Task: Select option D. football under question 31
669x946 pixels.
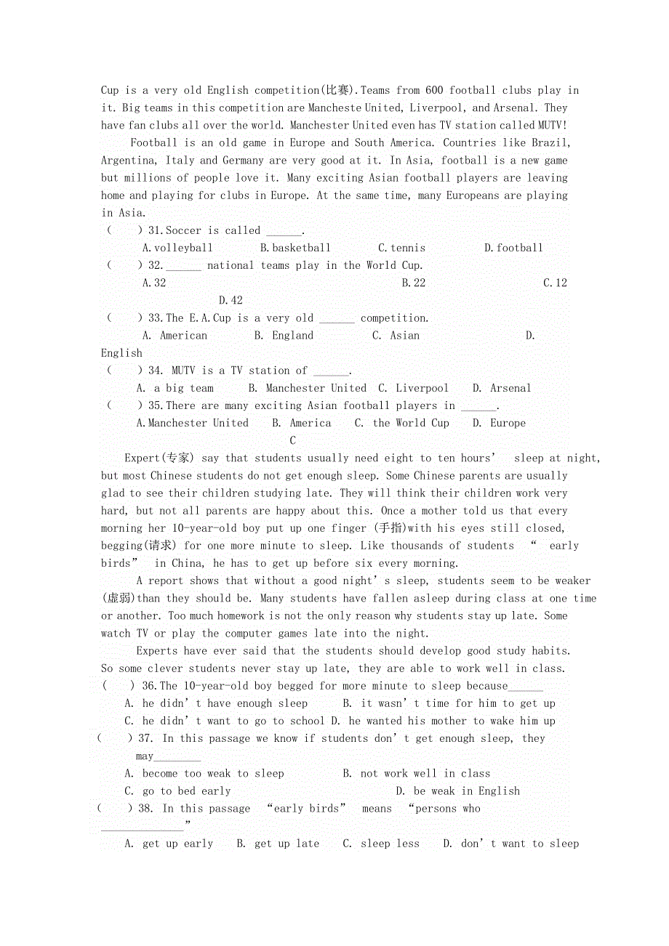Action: (513, 248)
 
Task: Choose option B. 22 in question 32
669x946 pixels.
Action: (414, 283)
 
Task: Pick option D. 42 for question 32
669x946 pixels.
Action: (231, 301)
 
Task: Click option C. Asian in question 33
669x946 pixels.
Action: (396, 336)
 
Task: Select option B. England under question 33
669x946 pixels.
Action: (284, 336)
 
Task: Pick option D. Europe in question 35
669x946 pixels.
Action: (499, 424)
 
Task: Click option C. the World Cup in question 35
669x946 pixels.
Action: (401, 424)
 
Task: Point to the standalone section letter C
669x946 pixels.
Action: (293, 441)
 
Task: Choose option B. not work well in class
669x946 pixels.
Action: (417, 774)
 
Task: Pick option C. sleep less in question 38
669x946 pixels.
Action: (381, 844)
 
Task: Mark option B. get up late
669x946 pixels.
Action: (278, 844)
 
